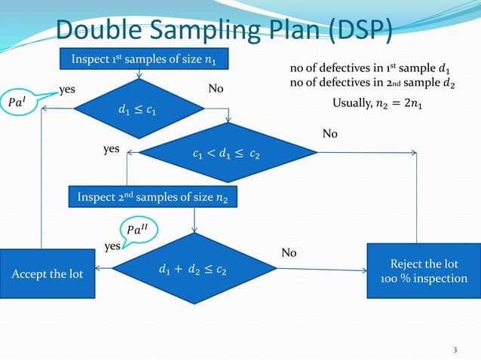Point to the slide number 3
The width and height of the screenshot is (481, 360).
[x=455, y=349]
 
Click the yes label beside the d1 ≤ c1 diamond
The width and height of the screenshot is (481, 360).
[x=68, y=90]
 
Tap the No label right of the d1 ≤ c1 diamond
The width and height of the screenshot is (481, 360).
[x=216, y=90]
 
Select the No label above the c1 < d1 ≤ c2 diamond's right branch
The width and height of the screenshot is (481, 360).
[x=330, y=133]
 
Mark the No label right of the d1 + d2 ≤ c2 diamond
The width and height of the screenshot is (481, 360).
[x=289, y=253]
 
